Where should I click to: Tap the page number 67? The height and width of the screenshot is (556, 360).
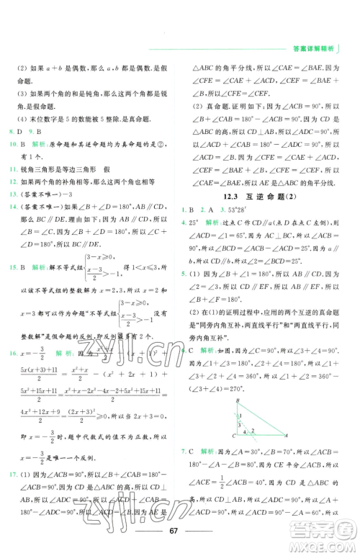tap(181, 532)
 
